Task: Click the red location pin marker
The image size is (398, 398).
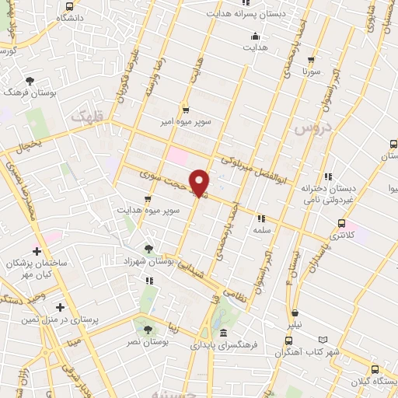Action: (200, 183)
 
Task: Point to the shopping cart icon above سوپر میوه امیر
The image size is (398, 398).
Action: (185, 110)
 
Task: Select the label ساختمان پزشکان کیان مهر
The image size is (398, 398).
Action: (36, 269)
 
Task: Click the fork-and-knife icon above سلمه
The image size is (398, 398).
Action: (261, 218)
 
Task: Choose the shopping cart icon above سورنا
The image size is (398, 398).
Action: (312, 58)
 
